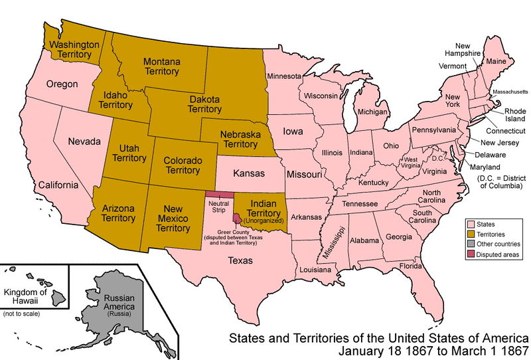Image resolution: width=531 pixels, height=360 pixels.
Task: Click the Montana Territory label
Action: pos(161,66)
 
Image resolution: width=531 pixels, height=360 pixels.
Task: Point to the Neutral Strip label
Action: pos(218,205)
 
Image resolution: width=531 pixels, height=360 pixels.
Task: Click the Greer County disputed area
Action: pos(237,218)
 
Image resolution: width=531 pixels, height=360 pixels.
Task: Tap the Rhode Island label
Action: pos(514,115)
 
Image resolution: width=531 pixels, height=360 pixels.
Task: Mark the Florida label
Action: pos(412,266)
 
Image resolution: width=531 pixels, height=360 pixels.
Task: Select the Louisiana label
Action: pos(315,270)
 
